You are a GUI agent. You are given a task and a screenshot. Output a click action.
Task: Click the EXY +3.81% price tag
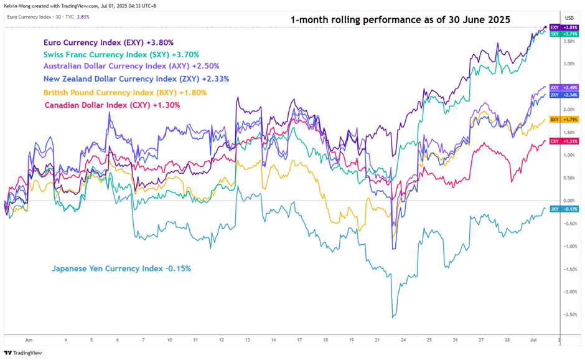tap(569, 27)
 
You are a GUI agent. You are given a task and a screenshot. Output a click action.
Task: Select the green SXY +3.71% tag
tap(569, 34)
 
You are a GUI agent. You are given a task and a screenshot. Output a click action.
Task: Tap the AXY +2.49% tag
tap(569, 88)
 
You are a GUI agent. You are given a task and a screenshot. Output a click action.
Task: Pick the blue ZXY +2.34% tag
tap(569, 95)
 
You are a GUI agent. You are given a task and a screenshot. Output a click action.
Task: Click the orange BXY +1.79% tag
tap(569, 119)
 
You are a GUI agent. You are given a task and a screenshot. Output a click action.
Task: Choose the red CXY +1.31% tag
tap(569, 141)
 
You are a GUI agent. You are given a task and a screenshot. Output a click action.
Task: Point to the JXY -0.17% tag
tap(569, 209)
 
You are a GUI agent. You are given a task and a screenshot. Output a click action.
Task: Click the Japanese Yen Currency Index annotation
tap(121, 268)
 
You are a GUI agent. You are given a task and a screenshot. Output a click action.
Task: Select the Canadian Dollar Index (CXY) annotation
tap(112, 105)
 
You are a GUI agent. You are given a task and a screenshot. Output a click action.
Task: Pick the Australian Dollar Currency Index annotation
tap(131, 65)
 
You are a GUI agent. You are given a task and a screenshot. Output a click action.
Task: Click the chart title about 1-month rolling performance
tap(400, 20)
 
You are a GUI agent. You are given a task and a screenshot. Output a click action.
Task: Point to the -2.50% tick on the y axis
tap(569, 315)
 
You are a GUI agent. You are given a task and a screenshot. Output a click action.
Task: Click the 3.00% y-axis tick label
tap(569, 64)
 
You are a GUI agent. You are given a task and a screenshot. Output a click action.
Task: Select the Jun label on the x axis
tap(28, 340)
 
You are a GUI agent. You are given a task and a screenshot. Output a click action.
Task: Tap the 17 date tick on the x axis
tap(299, 340)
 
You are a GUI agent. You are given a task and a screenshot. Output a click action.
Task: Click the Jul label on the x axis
tap(533, 340)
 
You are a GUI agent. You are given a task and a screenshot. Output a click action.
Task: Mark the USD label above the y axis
tap(569, 17)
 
